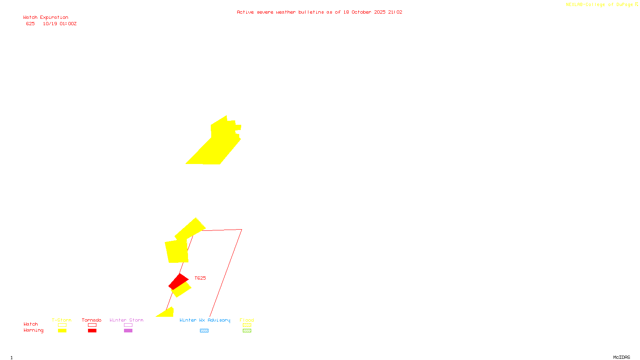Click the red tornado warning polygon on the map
pyautogui.click(x=178, y=281)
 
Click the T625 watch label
pyautogui.click(x=200, y=278)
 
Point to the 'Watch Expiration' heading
pyautogui.click(x=46, y=18)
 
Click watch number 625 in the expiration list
pyautogui.click(x=30, y=24)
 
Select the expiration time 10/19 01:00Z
pyautogui.click(x=60, y=24)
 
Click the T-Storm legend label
pyautogui.click(x=62, y=320)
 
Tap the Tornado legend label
pyautogui.click(x=92, y=320)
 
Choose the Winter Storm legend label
pyautogui.click(x=126, y=320)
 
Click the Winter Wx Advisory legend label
pyautogui.click(x=205, y=320)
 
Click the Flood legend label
pyautogui.click(x=247, y=320)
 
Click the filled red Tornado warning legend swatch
pyautogui.click(x=92, y=331)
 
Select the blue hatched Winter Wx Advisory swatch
pyautogui.click(x=204, y=331)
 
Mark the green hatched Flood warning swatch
pyautogui.click(x=247, y=331)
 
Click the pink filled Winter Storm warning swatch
pyautogui.click(x=128, y=331)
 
